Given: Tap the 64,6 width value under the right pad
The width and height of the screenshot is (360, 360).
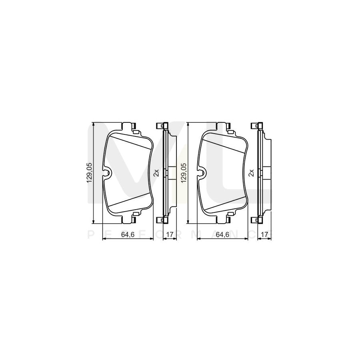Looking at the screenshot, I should pos(222,235).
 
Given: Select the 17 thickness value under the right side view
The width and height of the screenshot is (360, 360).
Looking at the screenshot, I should pos(264,235).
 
